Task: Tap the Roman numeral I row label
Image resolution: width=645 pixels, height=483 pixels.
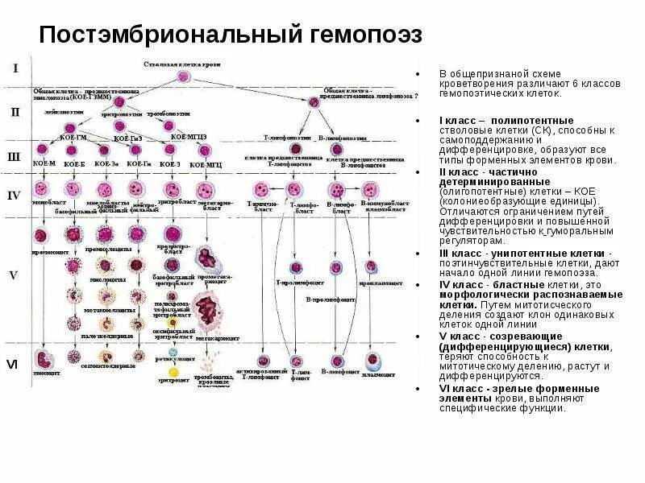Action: click(15, 68)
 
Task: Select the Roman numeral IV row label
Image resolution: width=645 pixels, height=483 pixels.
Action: click(14, 195)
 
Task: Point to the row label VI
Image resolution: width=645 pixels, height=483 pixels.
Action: click(12, 364)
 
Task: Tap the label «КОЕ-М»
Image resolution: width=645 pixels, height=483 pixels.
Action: click(44, 163)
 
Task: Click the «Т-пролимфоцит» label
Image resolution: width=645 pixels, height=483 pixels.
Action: click(296, 282)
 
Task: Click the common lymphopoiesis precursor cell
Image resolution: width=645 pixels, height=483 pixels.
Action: click(314, 101)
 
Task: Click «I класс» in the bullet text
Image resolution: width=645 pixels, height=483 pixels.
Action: click(457, 120)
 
